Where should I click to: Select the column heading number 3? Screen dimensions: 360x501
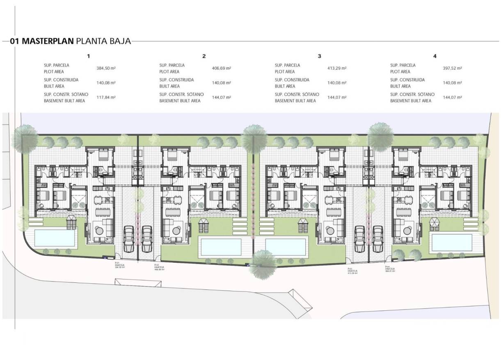click(319, 56)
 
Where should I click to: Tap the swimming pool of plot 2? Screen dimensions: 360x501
click(222, 246)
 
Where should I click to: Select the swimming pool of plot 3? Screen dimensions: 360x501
click(286, 246)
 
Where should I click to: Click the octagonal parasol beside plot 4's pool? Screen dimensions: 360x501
click(435, 223)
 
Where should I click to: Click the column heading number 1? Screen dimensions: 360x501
click(88, 56)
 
